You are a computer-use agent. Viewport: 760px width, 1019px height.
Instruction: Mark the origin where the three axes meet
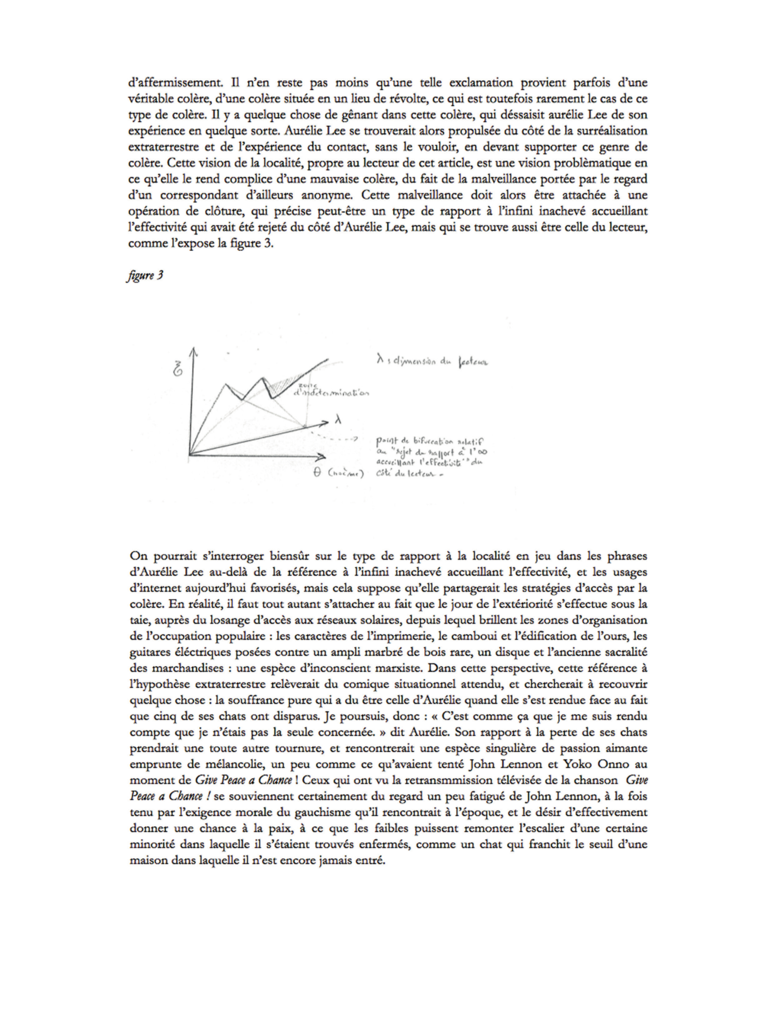pos(190,455)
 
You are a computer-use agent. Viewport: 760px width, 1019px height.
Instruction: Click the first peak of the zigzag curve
pos(226,383)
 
